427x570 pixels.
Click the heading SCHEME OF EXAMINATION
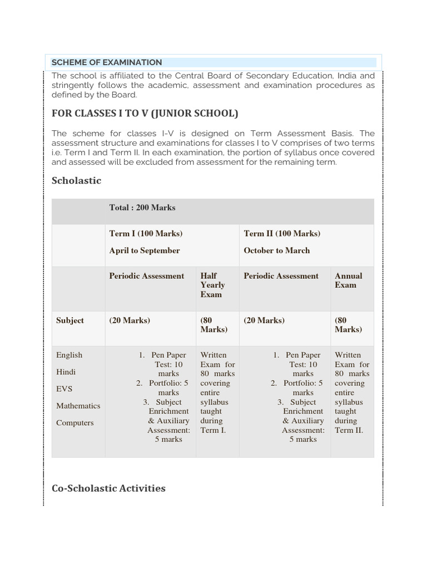(x=107, y=62)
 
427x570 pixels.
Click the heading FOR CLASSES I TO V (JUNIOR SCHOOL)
(x=145, y=114)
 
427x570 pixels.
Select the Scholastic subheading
(x=76, y=180)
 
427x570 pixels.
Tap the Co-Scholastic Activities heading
(x=108, y=488)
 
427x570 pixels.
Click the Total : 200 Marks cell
(x=142, y=208)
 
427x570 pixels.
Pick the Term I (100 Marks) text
(x=146, y=233)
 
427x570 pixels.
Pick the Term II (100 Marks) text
(x=282, y=233)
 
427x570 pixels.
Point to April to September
(x=145, y=250)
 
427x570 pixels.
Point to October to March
(x=277, y=250)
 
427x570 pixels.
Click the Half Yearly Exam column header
(x=213, y=285)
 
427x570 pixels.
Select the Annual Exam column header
(x=348, y=281)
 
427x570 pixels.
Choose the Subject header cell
(x=70, y=321)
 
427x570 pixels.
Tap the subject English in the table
(x=69, y=355)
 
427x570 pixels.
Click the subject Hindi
(x=66, y=372)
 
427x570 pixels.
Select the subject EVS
(x=64, y=389)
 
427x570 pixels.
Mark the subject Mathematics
(x=78, y=406)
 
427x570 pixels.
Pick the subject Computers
(x=75, y=422)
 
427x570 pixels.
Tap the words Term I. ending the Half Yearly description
(x=213, y=430)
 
